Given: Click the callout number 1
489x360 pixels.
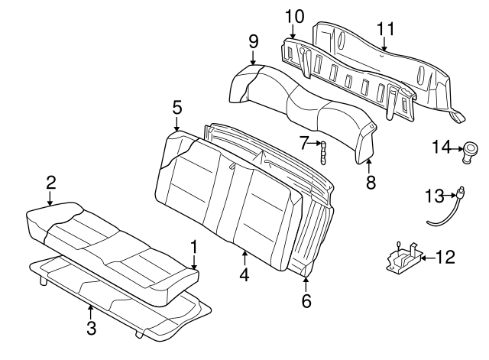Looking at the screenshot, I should click(x=193, y=246).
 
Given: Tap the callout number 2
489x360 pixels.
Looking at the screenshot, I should click(x=50, y=183).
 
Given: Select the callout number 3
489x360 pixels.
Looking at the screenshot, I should click(x=91, y=328).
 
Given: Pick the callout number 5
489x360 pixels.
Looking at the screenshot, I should click(x=176, y=109).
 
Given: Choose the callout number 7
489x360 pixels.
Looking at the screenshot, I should click(x=304, y=143).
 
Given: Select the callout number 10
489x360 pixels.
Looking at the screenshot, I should click(x=293, y=15).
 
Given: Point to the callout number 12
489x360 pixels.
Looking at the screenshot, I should click(x=445, y=257).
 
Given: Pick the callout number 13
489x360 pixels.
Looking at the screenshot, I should click(x=433, y=196).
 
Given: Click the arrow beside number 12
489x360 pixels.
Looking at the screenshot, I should click(x=426, y=257).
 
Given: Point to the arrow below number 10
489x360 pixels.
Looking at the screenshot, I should click(x=293, y=31).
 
